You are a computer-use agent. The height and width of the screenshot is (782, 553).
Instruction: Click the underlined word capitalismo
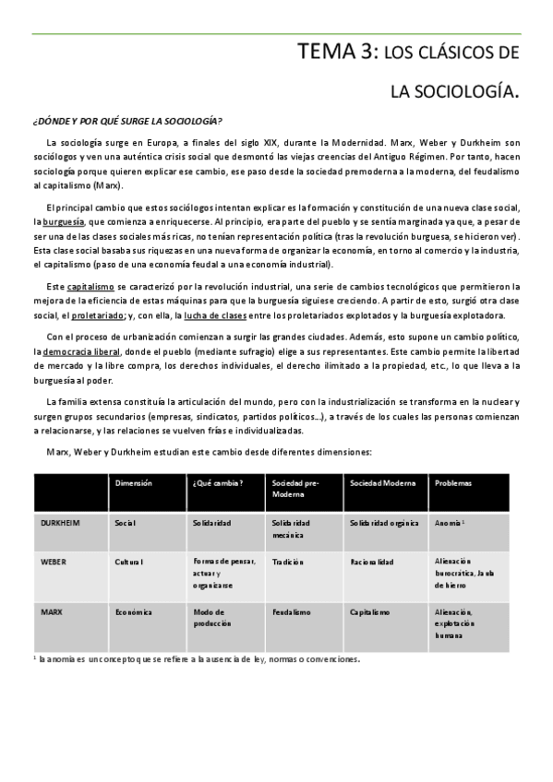[90, 287]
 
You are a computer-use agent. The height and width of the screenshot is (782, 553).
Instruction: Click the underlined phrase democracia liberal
[81, 353]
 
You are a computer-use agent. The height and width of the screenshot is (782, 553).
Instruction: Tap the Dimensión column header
[133, 483]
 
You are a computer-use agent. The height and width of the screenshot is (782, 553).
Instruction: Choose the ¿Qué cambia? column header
[218, 483]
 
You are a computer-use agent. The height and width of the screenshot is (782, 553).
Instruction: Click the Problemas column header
[452, 483]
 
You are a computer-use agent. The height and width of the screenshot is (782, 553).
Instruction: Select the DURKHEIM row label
[61, 523]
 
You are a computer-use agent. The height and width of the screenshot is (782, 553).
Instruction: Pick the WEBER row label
[54, 561]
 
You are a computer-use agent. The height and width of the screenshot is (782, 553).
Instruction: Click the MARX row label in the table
[51, 611]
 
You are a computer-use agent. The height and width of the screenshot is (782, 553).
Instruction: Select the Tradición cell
[289, 561]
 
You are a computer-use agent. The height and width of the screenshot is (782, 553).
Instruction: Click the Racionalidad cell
[372, 561]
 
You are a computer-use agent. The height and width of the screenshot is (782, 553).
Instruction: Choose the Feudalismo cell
[292, 611]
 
